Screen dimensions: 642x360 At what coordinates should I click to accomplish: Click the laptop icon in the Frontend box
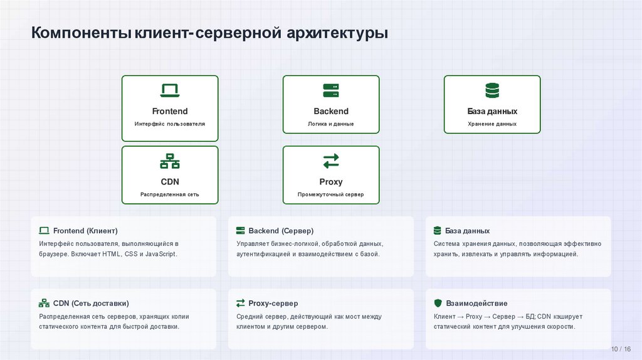[170, 90]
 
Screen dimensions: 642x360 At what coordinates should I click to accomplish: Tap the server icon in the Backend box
[331, 90]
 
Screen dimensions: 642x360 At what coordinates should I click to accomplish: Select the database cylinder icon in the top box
[492, 90]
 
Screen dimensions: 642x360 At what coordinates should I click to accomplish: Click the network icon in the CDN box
[170, 161]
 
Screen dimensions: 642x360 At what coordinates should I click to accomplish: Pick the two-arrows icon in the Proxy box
[331, 161]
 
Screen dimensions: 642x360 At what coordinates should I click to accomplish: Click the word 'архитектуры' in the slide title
[338, 32]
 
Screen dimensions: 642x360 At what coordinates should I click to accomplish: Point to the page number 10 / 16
[621, 349]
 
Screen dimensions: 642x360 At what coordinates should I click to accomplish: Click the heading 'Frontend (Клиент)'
[85, 231]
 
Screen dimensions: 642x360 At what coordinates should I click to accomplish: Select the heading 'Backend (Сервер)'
[280, 231]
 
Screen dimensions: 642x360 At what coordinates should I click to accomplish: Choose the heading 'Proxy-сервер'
[273, 303]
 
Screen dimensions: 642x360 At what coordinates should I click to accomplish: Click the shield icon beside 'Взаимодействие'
[438, 303]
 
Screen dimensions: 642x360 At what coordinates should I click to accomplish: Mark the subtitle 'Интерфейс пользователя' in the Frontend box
[170, 124]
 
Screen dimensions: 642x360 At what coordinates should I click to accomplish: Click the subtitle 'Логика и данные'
[331, 124]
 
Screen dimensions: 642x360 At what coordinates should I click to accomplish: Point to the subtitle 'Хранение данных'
[492, 124]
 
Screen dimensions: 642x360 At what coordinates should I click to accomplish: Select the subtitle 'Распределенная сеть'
[170, 194]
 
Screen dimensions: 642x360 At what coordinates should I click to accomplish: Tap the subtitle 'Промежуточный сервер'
[331, 194]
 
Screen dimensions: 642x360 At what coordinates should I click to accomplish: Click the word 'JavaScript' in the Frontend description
[160, 254]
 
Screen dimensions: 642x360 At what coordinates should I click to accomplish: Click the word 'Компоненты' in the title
[82, 32]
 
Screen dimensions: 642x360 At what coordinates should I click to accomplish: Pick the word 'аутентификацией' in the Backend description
[263, 254]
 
